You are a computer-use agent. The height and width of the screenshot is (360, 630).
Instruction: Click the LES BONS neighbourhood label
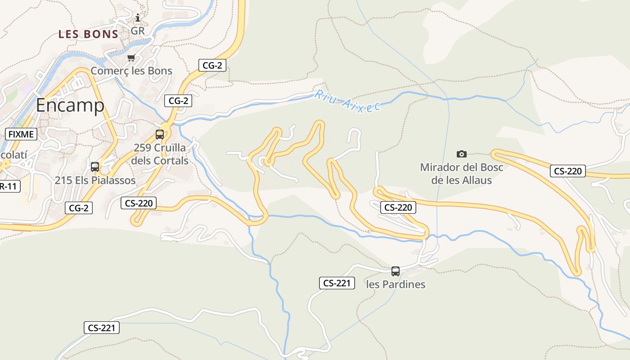pyautogui.click(x=89, y=34)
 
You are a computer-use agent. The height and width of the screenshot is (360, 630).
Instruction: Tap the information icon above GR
pyautogui.click(x=138, y=18)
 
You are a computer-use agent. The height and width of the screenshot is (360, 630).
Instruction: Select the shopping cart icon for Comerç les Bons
pyautogui.click(x=131, y=58)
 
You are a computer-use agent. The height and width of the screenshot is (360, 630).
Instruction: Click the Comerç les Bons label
pyautogui.click(x=131, y=71)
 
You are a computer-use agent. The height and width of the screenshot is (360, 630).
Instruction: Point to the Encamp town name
pyautogui.click(x=70, y=105)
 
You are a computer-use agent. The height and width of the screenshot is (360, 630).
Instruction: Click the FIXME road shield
pyautogui.click(x=21, y=134)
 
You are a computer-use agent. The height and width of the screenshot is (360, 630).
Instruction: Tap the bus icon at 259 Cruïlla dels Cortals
pyautogui.click(x=160, y=134)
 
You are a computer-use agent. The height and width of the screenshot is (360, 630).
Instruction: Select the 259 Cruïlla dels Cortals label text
pyautogui.click(x=160, y=154)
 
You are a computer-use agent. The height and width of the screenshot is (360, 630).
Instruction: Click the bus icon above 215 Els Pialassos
pyautogui.click(x=95, y=167)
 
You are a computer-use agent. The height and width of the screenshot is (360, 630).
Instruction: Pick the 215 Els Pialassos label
pyautogui.click(x=95, y=180)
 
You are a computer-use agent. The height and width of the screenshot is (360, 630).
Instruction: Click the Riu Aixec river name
pyautogui.click(x=347, y=101)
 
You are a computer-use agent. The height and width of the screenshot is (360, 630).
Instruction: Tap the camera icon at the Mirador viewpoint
pyautogui.click(x=462, y=154)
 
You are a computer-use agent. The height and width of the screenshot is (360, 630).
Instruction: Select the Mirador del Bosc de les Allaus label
pyautogui.click(x=462, y=174)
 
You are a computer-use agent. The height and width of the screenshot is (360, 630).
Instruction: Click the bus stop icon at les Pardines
pyautogui.click(x=396, y=271)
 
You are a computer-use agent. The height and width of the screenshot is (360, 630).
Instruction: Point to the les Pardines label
pyautogui.click(x=396, y=284)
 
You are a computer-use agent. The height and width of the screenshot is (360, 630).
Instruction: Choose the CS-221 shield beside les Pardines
pyautogui.click(x=337, y=283)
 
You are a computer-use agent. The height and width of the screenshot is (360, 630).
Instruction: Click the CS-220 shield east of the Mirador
pyautogui.click(x=567, y=171)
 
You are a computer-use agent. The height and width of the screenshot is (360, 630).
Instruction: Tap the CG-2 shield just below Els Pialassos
pyautogui.click(x=79, y=208)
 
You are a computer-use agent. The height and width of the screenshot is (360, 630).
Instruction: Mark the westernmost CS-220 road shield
pyautogui.click(x=139, y=203)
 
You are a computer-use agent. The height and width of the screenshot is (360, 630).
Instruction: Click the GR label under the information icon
pyautogui.click(x=138, y=31)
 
